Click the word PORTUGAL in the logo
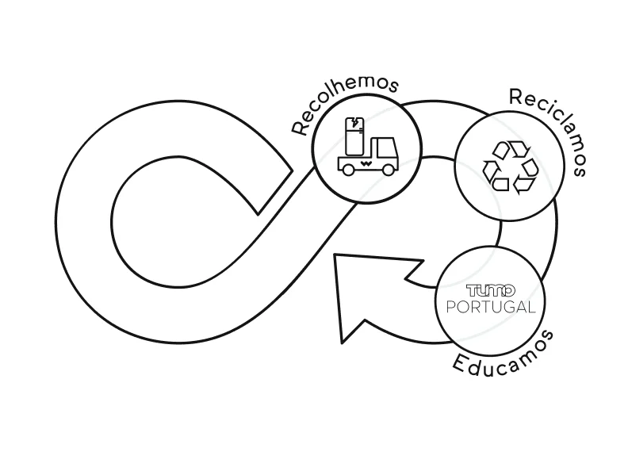coord(491,307)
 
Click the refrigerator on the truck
coord(354,136)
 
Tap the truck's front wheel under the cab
coord(388,170)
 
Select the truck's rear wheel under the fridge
coord(348,170)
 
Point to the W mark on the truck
coord(366,163)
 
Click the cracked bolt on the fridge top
coord(354,121)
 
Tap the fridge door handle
coord(361,129)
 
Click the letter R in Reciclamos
coord(516,96)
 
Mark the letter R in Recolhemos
coord(298,128)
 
